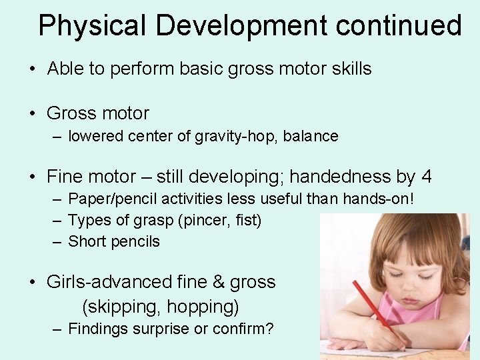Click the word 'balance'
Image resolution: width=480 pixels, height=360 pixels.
(x=311, y=136)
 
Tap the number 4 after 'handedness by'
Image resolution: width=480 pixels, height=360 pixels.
(x=426, y=177)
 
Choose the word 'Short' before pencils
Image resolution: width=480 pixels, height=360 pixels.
(x=87, y=241)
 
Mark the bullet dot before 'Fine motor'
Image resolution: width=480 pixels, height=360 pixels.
(x=33, y=177)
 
